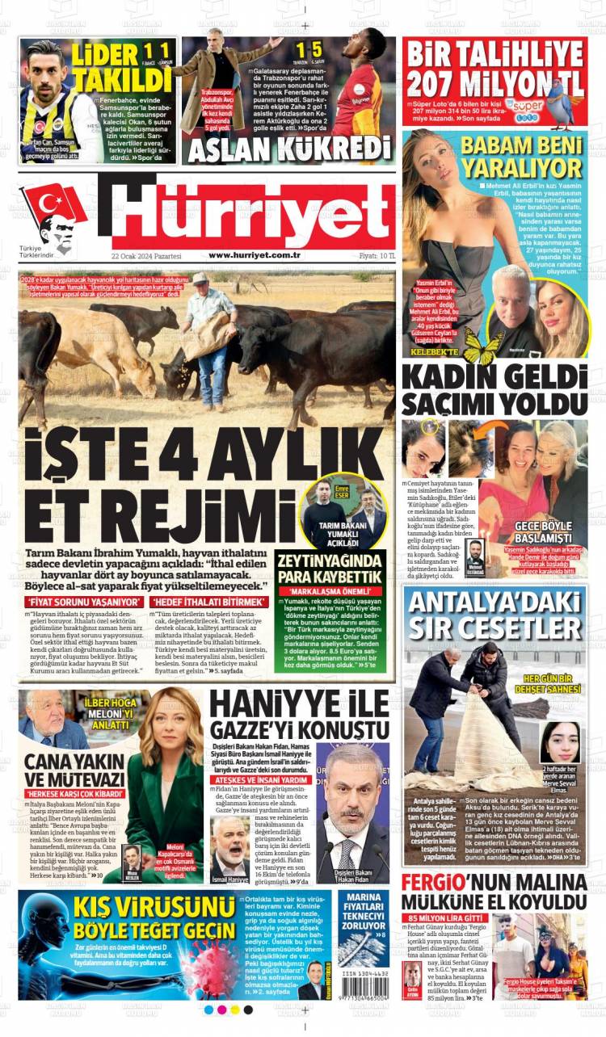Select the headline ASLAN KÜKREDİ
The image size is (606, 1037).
(289, 149)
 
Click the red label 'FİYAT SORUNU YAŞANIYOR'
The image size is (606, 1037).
(84, 602)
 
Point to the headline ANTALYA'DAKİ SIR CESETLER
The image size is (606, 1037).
(494, 615)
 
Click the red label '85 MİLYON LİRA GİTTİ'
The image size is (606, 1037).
(448, 918)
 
